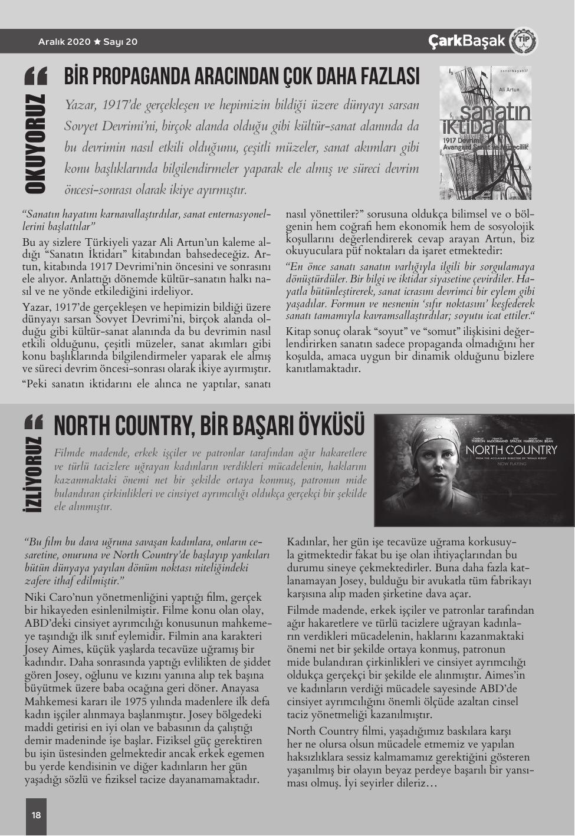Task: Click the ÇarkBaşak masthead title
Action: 466,41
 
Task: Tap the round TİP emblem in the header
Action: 523,41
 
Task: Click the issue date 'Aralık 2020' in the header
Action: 64,42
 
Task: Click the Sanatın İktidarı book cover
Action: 485,132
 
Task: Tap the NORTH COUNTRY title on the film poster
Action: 511,450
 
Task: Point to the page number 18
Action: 36,815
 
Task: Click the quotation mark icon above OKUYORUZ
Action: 35,76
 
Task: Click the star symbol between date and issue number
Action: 97,42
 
